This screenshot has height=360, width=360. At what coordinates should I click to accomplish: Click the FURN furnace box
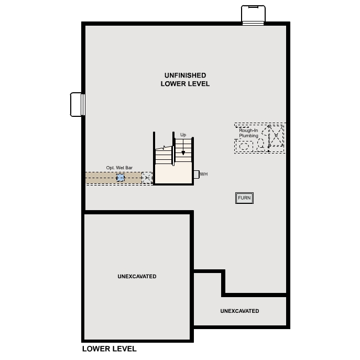click(x=244, y=198)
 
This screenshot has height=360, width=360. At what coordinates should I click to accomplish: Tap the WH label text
click(x=204, y=174)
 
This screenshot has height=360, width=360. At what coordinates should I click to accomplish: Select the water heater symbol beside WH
click(x=197, y=174)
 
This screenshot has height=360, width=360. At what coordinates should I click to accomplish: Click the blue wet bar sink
click(x=121, y=178)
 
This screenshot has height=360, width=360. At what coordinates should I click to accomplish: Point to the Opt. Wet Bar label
click(x=119, y=168)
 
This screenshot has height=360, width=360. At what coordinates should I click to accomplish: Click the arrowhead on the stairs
click(x=183, y=152)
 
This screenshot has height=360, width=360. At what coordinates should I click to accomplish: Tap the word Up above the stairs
click(x=183, y=135)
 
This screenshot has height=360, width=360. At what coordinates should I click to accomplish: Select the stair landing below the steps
click(x=173, y=173)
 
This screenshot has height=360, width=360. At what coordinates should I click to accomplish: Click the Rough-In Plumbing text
click(x=248, y=133)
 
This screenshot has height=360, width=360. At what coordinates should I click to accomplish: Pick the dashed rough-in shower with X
click(x=276, y=136)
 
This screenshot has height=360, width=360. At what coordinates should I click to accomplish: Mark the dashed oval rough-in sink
click(x=244, y=146)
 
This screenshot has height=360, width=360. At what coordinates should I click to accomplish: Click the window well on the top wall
click(x=253, y=15)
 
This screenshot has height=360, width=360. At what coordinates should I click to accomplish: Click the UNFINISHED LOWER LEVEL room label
click(x=185, y=80)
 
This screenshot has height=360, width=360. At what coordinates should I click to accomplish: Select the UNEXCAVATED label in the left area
click(x=137, y=277)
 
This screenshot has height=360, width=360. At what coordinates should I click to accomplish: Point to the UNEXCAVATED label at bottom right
click(x=239, y=311)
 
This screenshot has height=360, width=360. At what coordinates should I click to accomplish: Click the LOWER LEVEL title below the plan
click(x=110, y=349)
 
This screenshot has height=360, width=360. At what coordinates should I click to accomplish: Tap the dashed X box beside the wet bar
click(x=147, y=178)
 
